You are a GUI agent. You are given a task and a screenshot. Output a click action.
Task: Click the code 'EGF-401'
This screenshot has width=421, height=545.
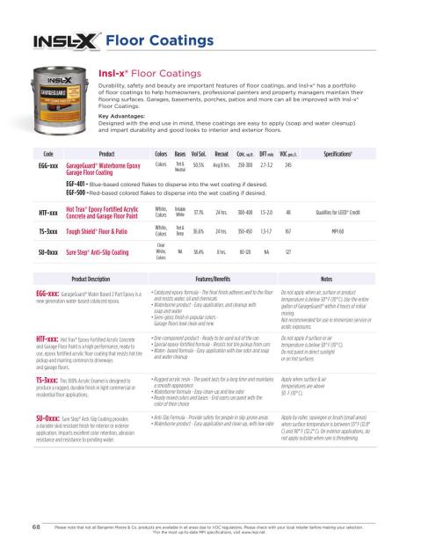(81, 185)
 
